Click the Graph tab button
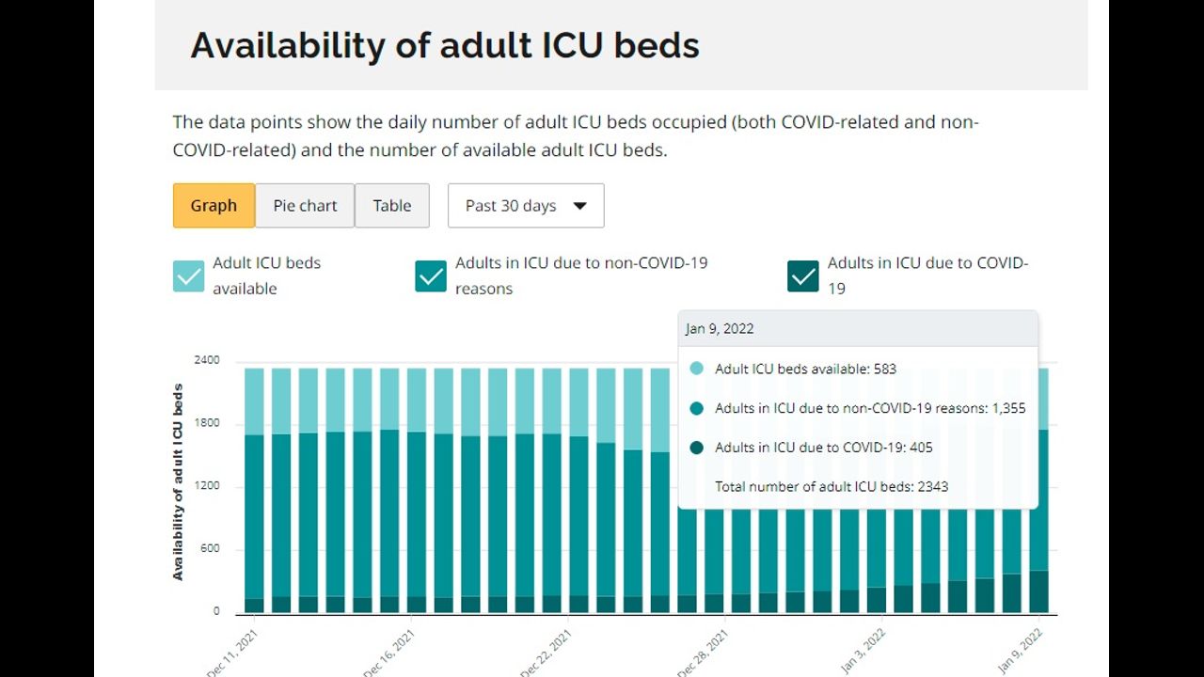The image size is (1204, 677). (214, 206)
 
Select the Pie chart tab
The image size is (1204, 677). (305, 206)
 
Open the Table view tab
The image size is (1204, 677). (391, 206)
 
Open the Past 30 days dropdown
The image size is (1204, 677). (526, 206)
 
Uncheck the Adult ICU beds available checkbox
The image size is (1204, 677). (188, 276)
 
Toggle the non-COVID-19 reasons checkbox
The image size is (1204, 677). (431, 276)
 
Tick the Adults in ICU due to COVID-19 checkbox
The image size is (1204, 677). (803, 276)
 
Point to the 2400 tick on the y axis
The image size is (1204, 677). (207, 360)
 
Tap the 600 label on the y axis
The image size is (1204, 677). (210, 549)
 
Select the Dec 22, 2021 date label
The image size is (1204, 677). (547, 651)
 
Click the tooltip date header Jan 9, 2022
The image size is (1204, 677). (720, 329)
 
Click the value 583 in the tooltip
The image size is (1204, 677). (884, 370)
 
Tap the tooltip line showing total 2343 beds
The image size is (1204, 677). (832, 487)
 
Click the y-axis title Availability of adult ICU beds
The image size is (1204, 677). (179, 481)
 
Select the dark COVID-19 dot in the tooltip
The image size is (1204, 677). (696, 448)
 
